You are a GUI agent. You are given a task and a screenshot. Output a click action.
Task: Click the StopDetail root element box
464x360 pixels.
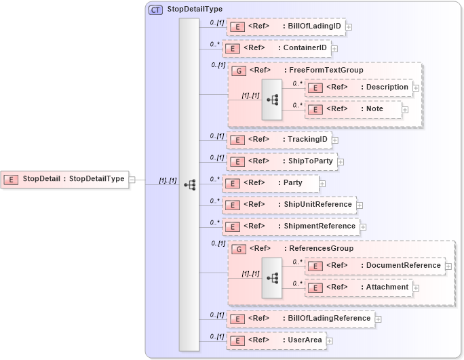tap(65, 179)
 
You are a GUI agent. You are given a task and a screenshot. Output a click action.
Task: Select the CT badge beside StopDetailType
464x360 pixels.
tap(155, 9)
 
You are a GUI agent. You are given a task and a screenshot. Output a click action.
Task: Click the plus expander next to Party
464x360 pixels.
tap(322, 183)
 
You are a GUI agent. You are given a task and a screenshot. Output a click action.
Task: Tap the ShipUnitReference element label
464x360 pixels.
tap(317, 204)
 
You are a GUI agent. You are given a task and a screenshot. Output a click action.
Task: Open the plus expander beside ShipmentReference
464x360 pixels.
tap(363, 226)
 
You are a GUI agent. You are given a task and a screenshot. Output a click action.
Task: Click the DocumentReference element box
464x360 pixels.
tap(374, 265)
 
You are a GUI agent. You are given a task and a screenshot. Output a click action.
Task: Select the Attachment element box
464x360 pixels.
tap(358, 287)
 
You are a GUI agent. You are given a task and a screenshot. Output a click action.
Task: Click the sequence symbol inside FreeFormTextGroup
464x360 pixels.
tap(272, 100)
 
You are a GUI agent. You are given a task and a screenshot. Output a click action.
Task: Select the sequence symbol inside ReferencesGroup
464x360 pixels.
tap(272, 278)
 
